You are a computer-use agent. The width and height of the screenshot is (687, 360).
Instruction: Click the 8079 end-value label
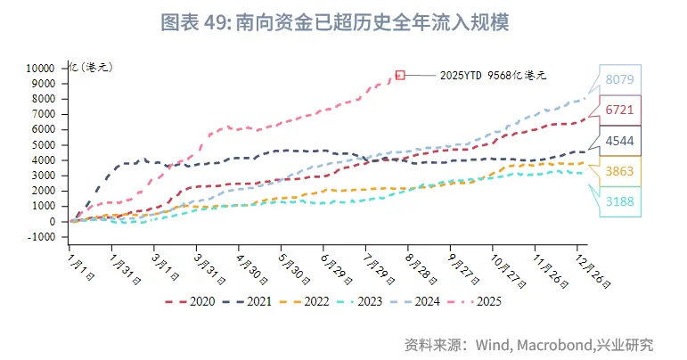pos(619,79)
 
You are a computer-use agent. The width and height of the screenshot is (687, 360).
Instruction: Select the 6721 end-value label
pos(619,110)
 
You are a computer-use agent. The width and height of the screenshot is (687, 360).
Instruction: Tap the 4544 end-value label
pos(619,141)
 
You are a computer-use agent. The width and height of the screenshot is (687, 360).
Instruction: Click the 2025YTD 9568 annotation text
pos(493,76)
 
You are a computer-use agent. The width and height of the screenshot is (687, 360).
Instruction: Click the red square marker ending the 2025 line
pos(400,75)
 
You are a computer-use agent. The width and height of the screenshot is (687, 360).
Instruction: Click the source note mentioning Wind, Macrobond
pos(528,344)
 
